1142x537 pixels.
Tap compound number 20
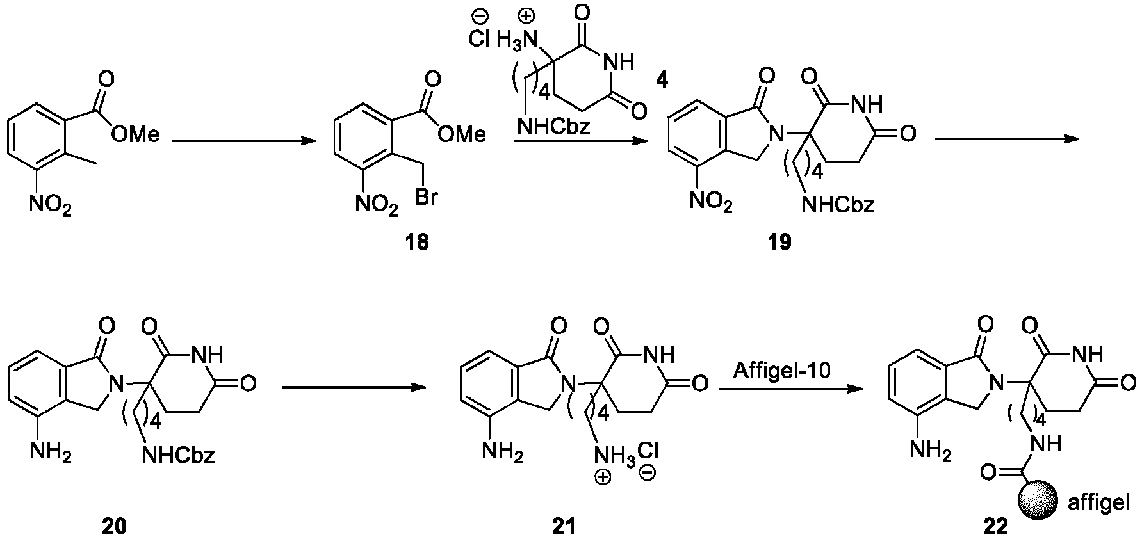[114, 525]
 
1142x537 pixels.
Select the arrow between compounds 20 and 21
[354, 387]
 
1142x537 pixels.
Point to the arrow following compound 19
[1009, 140]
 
